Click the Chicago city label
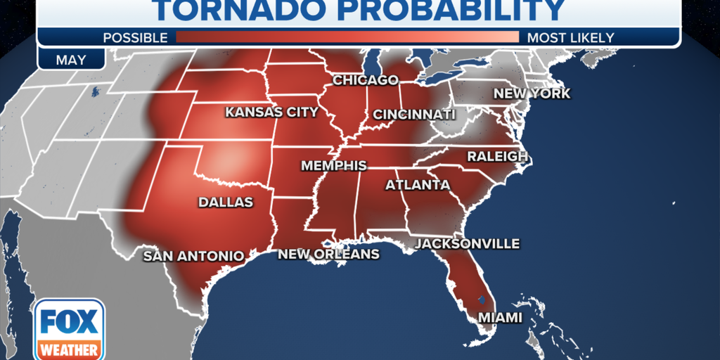(365, 80)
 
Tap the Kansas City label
(271, 112)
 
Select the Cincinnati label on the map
(413, 114)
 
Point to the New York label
(531, 94)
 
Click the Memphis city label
(333, 166)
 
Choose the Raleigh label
(497, 156)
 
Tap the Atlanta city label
(417, 185)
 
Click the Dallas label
(225, 202)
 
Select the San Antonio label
(193, 256)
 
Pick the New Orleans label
(328, 254)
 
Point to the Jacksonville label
(467, 244)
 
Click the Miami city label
(500, 318)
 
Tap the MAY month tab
(71, 59)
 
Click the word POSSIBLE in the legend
(135, 37)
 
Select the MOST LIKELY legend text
(570, 37)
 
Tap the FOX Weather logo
(69, 329)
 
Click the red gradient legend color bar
(347, 37)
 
